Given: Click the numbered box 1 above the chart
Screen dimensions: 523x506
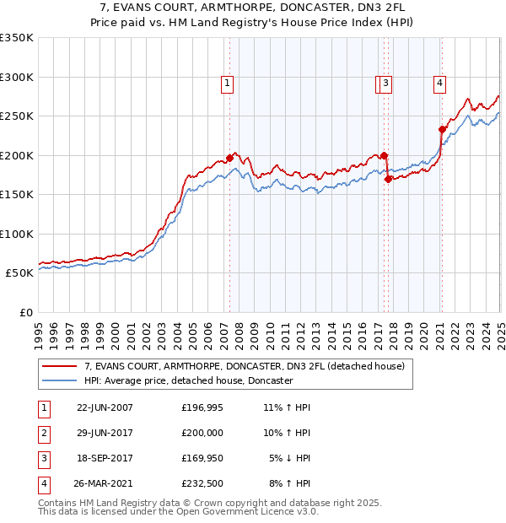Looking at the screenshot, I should point(229,83).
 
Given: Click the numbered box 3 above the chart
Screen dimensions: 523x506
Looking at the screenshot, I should point(385,83).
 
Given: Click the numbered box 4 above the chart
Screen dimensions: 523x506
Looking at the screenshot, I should point(440,83).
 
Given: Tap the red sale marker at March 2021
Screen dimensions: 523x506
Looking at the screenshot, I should point(441,130).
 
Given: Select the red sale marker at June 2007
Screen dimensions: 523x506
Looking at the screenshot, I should point(229,158).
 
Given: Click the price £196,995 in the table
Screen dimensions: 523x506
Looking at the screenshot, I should point(202,407).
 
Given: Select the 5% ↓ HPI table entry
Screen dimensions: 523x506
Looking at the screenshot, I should point(289,458).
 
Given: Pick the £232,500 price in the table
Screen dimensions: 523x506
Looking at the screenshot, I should point(202,484).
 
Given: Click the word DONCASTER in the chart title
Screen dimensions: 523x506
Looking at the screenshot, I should point(304,8).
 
